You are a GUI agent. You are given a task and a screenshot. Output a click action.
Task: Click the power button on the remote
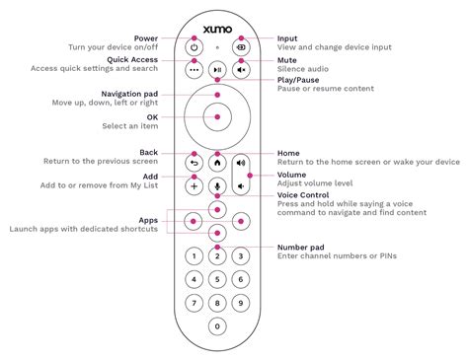194,46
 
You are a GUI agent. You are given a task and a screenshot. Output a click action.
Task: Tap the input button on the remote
241,46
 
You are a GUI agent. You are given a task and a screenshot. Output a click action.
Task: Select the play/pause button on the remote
217,71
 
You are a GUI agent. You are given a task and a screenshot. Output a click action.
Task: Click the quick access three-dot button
194,71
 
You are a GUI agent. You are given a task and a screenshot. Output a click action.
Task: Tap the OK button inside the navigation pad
217,116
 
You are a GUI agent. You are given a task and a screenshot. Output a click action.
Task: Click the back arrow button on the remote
194,163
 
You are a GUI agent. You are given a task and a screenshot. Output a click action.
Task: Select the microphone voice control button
217,185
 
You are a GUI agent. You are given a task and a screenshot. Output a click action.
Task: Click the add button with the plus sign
194,185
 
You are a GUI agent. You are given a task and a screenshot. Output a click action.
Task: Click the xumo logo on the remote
217,21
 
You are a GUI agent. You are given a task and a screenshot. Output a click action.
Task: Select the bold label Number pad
303,248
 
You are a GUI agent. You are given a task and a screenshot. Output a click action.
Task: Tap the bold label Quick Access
130,58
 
